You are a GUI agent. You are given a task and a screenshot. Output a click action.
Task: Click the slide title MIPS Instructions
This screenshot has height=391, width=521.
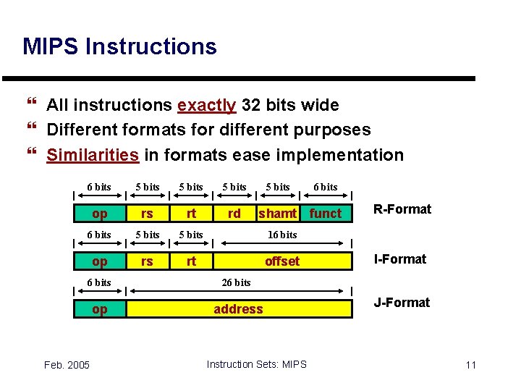coord(119,47)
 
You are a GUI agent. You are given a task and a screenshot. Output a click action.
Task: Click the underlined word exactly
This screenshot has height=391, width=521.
coord(206,106)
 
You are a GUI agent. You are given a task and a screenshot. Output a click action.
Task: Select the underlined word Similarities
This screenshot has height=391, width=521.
coord(93,155)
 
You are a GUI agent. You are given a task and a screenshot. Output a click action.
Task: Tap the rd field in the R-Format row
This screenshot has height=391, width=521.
coord(234,214)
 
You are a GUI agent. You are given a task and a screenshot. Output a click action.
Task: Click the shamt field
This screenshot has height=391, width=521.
coord(278,214)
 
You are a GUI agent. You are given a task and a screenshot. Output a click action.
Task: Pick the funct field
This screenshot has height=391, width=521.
coord(325,214)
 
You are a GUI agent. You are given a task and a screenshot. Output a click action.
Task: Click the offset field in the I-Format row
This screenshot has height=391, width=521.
coord(281,261)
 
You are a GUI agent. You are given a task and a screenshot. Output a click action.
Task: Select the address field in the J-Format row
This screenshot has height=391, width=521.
coord(238,309)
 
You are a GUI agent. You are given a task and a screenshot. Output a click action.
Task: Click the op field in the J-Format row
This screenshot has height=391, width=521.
coord(100,309)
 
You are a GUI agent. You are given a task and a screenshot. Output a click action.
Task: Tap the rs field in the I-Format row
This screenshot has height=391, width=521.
coord(147,261)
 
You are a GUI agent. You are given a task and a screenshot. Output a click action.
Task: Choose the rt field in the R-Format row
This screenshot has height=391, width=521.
coord(191,214)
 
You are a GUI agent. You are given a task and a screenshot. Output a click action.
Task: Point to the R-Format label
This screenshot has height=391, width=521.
coord(402,209)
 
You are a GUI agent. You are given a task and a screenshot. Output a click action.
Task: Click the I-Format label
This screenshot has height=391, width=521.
coord(399,259)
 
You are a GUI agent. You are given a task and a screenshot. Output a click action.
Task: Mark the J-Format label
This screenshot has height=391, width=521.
coord(401,303)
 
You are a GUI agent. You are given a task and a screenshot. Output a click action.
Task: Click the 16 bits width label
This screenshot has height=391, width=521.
coord(282,235)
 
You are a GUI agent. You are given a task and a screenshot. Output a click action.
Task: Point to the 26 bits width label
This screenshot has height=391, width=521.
coord(236,282)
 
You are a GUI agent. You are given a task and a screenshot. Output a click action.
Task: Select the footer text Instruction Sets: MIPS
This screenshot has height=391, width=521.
coord(256,364)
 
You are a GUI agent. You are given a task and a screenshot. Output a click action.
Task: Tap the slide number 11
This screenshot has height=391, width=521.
coord(470,365)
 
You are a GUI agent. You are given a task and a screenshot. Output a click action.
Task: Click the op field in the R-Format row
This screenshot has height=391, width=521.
coord(100,214)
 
